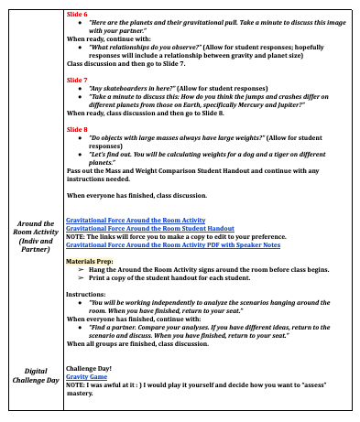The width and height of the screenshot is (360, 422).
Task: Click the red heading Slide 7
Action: pyautogui.click(x=77, y=81)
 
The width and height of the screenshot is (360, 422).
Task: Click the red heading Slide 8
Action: pyautogui.click(x=77, y=130)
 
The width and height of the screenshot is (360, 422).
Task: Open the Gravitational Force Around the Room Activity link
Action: pyautogui.click(x=136, y=221)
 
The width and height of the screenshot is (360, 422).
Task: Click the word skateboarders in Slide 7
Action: pyautogui.click(x=128, y=90)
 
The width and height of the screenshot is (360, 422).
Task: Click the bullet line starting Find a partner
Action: pyautogui.click(x=202, y=329)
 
